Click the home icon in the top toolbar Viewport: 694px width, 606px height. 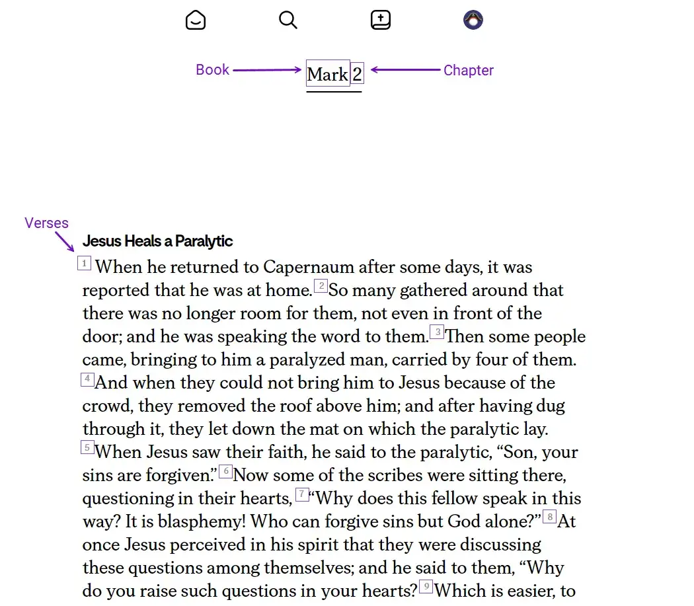coord(196,20)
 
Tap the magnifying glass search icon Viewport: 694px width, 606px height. coord(288,20)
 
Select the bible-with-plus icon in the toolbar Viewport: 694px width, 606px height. coord(381,20)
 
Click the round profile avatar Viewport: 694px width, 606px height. coord(473,20)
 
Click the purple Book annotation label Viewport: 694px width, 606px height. coord(212,70)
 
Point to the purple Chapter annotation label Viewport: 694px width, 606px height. coord(468,71)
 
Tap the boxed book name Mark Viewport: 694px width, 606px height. coord(328,74)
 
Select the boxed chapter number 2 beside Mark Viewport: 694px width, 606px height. coord(357,74)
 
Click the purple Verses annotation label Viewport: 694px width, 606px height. coord(46,223)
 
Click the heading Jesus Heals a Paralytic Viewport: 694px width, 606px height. coord(157,241)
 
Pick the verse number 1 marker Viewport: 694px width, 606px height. coord(85,264)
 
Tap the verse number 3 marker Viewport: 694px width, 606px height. coord(437,332)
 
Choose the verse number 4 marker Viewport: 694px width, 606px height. coord(87,379)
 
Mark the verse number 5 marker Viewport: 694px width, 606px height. coord(87,448)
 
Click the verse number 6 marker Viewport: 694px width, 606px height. coord(225,471)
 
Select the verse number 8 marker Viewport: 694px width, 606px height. coord(549,517)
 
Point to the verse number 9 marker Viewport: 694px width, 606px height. coord(426,586)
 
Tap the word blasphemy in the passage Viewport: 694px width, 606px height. coord(202,521)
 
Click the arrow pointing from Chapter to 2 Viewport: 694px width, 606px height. coord(405,70)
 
